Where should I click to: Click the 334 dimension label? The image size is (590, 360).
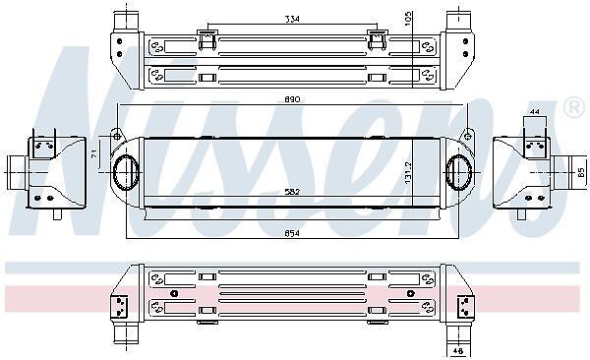(x=292, y=19)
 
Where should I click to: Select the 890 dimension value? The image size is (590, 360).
(x=292, y=99)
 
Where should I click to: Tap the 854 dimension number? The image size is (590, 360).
(x=292, y=233)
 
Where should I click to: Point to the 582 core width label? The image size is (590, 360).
(x=292, y=192)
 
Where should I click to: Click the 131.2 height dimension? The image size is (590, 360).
(x=409, y=173)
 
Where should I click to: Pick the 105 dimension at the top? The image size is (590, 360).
(x=409, y=18)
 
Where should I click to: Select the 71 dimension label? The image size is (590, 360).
(x=94, y=153)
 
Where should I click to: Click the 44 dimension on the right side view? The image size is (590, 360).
(x=535, y=111)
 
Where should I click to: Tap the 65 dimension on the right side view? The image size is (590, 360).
(x=581, y=173)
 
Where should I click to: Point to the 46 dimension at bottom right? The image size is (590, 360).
(x=458, y=351)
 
